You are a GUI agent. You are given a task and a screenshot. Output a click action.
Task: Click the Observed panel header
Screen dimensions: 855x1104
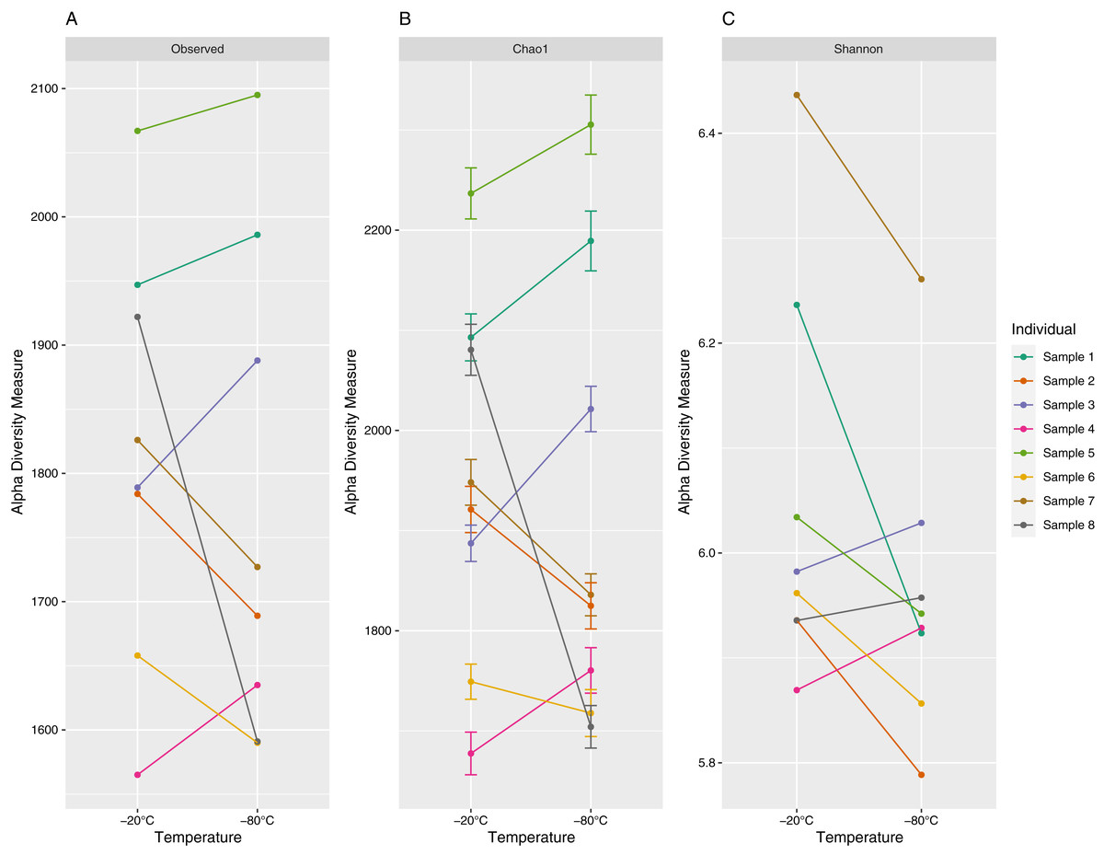tap(197, 50)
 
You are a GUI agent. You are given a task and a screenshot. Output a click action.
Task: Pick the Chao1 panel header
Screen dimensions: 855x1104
tap(530, 50)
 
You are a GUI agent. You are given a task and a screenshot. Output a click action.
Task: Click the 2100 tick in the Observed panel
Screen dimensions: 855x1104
tap(43, 89)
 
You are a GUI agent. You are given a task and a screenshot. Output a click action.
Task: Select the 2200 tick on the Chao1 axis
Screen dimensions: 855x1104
tap(376, 230)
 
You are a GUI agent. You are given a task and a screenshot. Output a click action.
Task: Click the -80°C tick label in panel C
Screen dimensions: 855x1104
tap(921, 820)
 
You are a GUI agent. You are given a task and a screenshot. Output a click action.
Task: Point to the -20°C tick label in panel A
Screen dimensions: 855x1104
tap(137, 820)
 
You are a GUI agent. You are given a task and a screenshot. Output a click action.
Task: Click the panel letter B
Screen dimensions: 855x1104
tap(404, 18)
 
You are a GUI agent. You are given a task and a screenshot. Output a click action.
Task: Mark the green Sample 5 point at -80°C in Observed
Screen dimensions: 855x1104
tap(258, 95)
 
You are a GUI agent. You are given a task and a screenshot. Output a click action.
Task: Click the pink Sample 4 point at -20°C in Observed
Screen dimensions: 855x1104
tap(138, 775)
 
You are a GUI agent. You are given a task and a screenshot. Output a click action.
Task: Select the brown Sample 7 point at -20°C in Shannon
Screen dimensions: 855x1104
tap(797, 95)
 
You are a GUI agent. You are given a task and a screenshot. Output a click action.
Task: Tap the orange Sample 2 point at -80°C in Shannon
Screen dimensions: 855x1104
tap(921, 775)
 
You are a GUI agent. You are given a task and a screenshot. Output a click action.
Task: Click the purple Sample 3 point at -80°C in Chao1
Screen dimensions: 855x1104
tap(591, 409)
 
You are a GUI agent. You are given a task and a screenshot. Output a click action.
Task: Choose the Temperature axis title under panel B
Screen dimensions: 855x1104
tap(530, 838)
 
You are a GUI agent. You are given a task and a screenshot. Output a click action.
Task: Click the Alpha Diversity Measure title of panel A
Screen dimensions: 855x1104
tap(17, 432)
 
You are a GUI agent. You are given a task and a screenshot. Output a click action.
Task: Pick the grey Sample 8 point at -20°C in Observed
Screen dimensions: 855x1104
tap(138, 317)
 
